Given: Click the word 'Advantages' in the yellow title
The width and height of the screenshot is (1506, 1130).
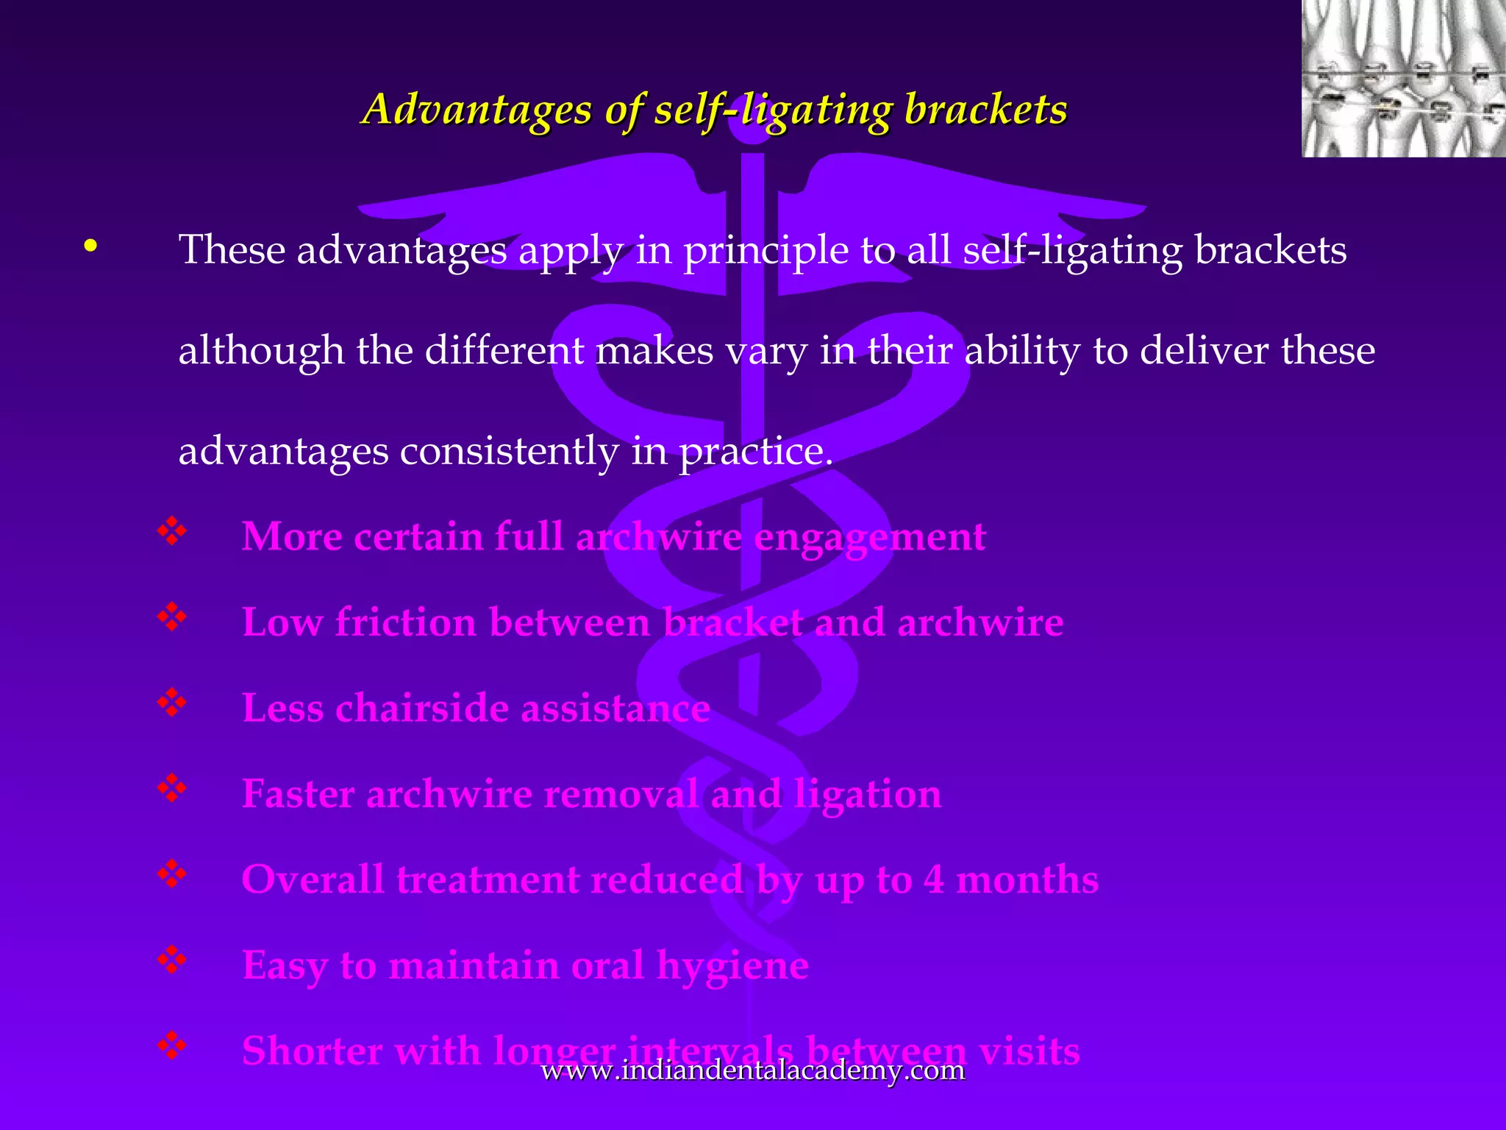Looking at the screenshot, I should point(478,110).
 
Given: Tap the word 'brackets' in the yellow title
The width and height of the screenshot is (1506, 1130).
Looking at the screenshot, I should point(985,110).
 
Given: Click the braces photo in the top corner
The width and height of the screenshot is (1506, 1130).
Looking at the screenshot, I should point(1403,78).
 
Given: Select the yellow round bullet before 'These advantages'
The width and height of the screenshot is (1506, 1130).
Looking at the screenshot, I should point(90,246).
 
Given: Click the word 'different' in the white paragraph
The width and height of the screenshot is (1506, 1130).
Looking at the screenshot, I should point(504,350).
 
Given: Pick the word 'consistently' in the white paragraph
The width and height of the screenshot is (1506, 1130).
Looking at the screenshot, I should point(509,451).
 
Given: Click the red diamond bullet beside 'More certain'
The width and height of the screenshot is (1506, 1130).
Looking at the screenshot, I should point(171,531).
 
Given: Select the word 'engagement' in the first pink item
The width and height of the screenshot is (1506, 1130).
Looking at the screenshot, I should point(870,537).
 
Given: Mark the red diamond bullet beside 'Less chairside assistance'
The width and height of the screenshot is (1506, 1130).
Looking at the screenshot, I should point(171,703).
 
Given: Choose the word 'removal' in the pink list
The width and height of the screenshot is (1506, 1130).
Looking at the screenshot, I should point(620,795).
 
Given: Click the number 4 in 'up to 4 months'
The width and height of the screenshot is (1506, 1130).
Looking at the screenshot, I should point(934,880).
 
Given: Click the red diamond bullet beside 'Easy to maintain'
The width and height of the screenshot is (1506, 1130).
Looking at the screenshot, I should point(171,959).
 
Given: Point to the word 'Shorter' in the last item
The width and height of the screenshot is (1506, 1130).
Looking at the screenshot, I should point(312,1051).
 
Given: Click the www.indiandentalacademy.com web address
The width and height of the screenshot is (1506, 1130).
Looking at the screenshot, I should point(752,1070).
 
